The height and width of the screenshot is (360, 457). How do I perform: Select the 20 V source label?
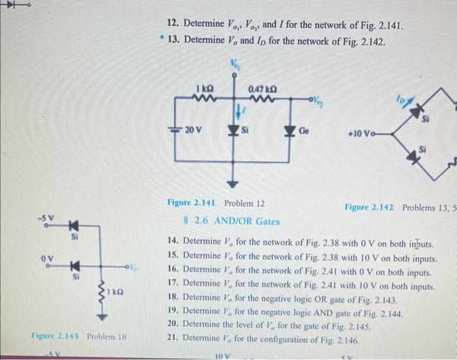point(193,129)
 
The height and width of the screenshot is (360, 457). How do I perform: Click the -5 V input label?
point(45,216)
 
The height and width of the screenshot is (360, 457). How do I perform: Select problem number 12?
point(173,25)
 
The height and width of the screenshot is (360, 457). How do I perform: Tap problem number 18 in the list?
point(174,297)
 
